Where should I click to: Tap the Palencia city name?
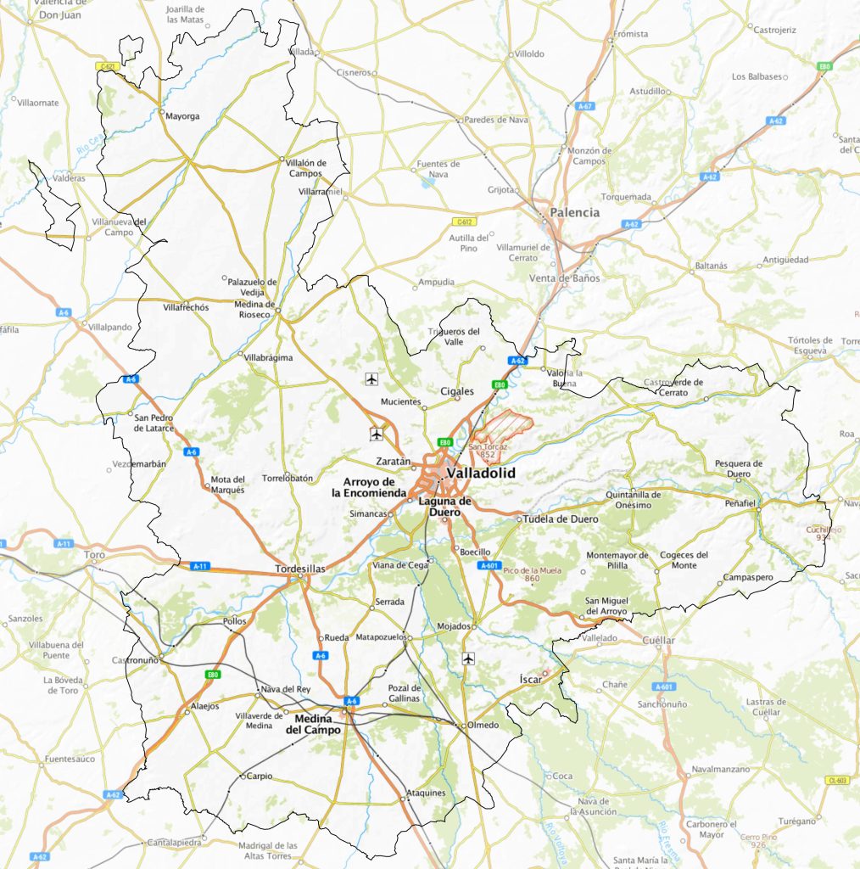pos(574,213)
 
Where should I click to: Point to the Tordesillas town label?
pos(301,569)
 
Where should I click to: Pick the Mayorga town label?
pos(182,116)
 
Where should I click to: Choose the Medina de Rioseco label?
pos(255,309)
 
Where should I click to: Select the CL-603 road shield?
pos(835,781)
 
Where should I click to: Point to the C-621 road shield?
pos(106,65)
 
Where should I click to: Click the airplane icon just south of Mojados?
pos(467,658)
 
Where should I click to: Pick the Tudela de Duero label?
pos(561,519)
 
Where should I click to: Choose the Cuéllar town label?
pos(659,640)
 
